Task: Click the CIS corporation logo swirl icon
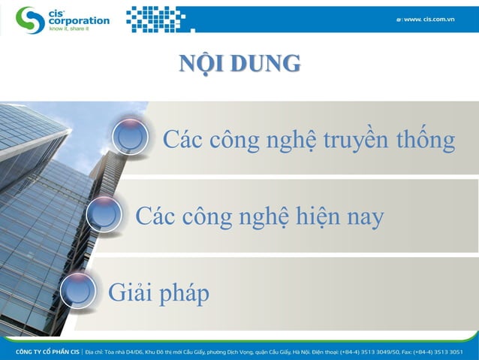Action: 31,20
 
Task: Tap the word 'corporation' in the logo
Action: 80,21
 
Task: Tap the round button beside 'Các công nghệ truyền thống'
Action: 131,138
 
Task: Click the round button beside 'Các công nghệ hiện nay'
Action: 104,215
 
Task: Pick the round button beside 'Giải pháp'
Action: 77,291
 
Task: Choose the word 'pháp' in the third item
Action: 182,294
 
